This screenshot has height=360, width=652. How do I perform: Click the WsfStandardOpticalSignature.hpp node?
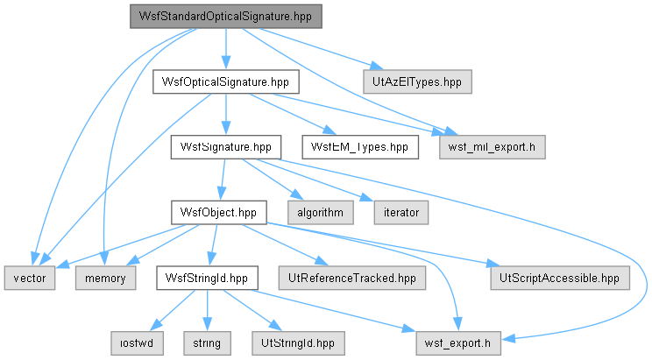click(x=226, y=17)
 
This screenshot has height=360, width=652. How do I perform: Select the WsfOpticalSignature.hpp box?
click(x=226, y=81)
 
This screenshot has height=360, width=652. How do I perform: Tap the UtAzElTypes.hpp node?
click(x=417, y=81)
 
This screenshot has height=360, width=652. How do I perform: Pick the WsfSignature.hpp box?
click(x=226, y=147)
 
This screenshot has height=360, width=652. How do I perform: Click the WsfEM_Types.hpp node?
click(x=360, y=147)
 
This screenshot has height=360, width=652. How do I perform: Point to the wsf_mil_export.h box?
click(x=493, y=147)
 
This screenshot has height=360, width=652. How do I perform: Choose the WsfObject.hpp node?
click(x=219, y=213)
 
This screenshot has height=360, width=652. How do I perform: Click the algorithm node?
click(x=321, y=213)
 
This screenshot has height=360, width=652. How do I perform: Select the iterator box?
click(x=401, y=213)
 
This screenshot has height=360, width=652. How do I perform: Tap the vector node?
click(x=30, y=279)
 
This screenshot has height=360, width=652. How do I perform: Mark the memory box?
click(x=106, y=279)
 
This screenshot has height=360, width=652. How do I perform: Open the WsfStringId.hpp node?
click(x=207, y=279)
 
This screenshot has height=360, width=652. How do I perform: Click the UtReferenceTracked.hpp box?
click(x=352, y=279)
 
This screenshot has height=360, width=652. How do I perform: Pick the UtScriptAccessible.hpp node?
click(x=560, y=279)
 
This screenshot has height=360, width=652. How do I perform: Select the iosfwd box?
click(x=137, y=343)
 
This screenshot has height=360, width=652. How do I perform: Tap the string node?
click(x=207, y=343)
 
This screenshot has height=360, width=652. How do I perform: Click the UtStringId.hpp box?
click(x=298, y=343)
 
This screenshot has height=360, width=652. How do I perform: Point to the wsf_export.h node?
click(x=458, y=343)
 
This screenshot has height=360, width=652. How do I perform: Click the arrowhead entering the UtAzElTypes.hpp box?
click(x=377, y=66)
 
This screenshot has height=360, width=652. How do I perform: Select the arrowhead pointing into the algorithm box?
click(x=298, y=194)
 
